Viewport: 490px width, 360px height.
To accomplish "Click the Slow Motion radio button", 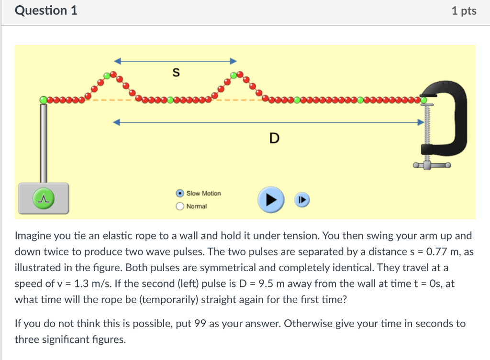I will coord(180,194).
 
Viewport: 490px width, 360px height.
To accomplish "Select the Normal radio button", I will coord(180,207).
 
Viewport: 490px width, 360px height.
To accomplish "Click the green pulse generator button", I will coord(43,197).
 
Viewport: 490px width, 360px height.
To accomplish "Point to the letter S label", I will coord(176,73).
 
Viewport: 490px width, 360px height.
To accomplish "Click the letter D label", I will coord(274,139).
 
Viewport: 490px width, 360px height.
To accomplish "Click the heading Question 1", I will coord(46,11).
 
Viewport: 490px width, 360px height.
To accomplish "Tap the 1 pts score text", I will coord(464,11).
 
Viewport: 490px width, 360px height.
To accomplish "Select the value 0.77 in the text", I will coord(436,251).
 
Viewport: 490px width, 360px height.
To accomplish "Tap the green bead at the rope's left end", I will coord(44,99).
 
